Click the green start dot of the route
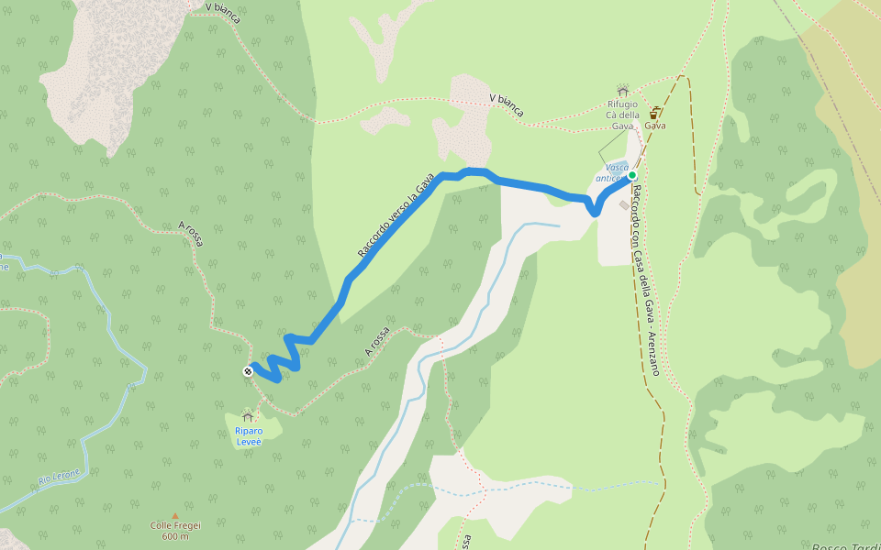click(632, 174)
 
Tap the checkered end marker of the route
click(248, 371)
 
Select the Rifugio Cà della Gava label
click(622, 115)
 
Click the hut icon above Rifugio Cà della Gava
click(623, 91)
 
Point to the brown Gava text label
click(654, 126)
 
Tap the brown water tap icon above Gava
click(654, 113)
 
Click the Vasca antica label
click(611, 172)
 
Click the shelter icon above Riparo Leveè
click(247, 417)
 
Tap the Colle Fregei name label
click(175, 525)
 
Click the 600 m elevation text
click(175, 536)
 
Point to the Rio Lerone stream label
click(60, 477)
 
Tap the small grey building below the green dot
click(624, 205)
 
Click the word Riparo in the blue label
click(248, 431)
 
